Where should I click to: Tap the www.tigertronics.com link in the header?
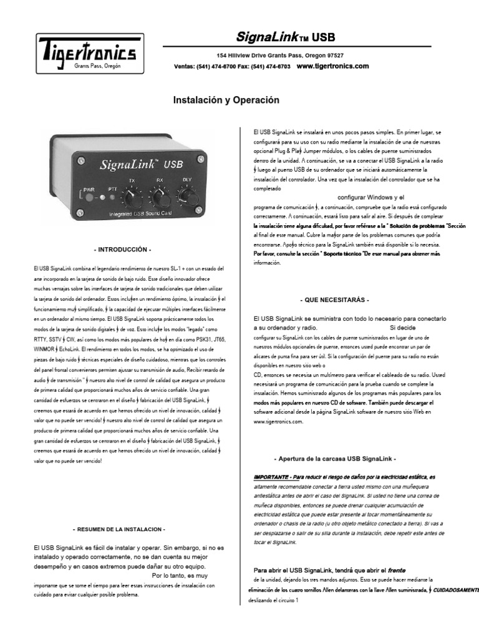point(332,66)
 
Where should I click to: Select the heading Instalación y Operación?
point(226,100)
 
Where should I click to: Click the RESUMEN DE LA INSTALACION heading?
point(119,529)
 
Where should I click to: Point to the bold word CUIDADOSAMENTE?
point(456,589)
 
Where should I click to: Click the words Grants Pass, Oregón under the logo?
point(97,65)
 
